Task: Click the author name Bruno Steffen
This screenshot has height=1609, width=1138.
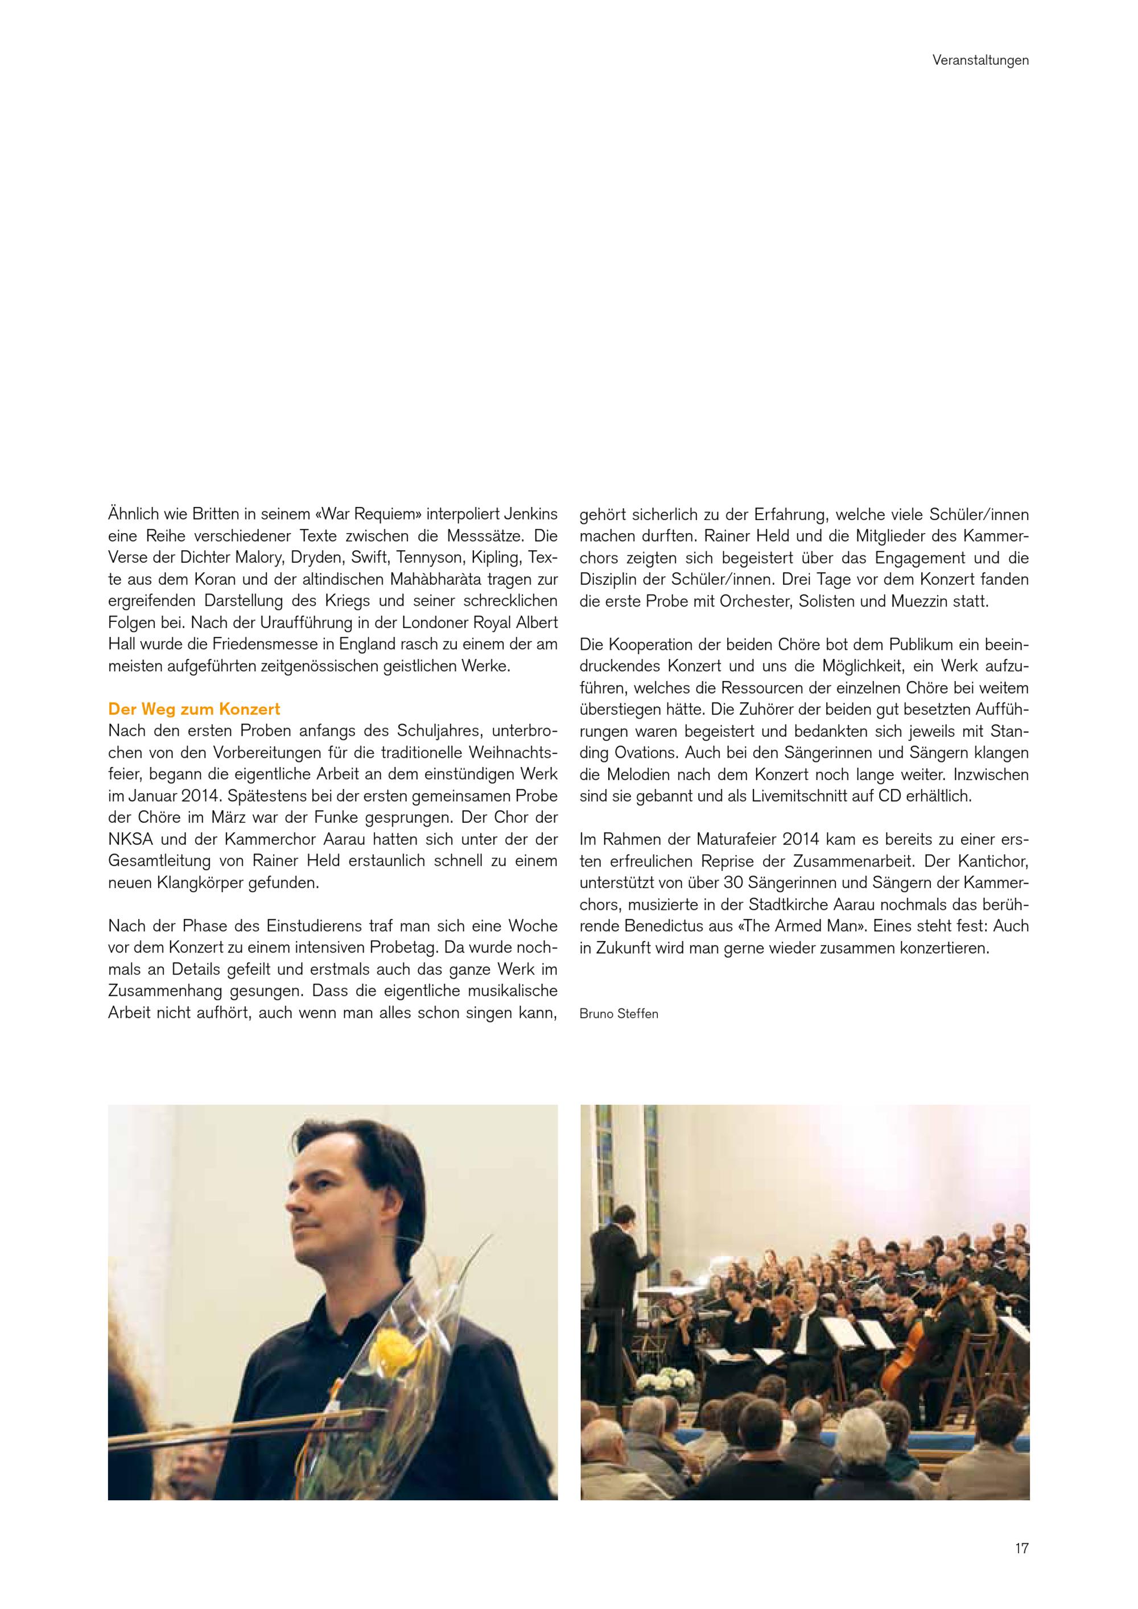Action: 619,1013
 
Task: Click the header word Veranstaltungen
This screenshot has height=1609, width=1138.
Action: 980,61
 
